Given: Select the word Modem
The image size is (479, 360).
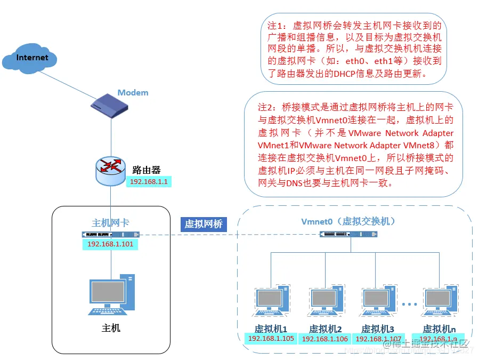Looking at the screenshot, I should (x=133, y=93).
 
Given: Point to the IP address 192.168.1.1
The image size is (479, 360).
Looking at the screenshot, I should (x=150, y=181).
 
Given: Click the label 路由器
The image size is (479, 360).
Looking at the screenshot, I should (x=146, y=170).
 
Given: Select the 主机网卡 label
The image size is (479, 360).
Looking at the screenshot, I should (x=110, y=223).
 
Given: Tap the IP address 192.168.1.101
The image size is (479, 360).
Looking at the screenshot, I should (x=110, y=244).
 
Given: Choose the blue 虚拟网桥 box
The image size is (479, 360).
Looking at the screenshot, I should (x=203, y=224).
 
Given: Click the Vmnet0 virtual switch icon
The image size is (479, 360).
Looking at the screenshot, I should (x=350, y=234).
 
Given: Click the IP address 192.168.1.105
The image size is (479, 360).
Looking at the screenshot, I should (x=271, y=339).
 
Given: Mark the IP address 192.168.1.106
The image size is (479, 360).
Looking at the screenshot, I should (x=324, y=339).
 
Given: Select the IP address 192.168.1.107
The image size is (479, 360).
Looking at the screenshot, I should (x=377, y=339).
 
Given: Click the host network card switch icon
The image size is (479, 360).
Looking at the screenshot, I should (x=110, y=234).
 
